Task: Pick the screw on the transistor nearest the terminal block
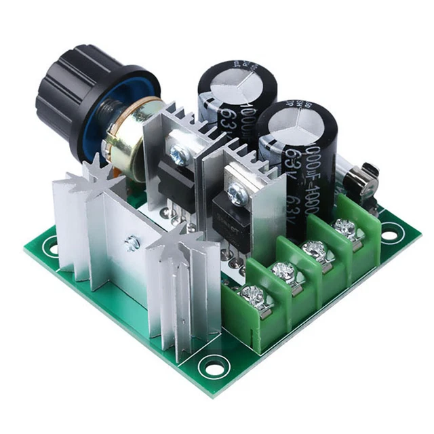237,194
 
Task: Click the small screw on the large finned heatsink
133,243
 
